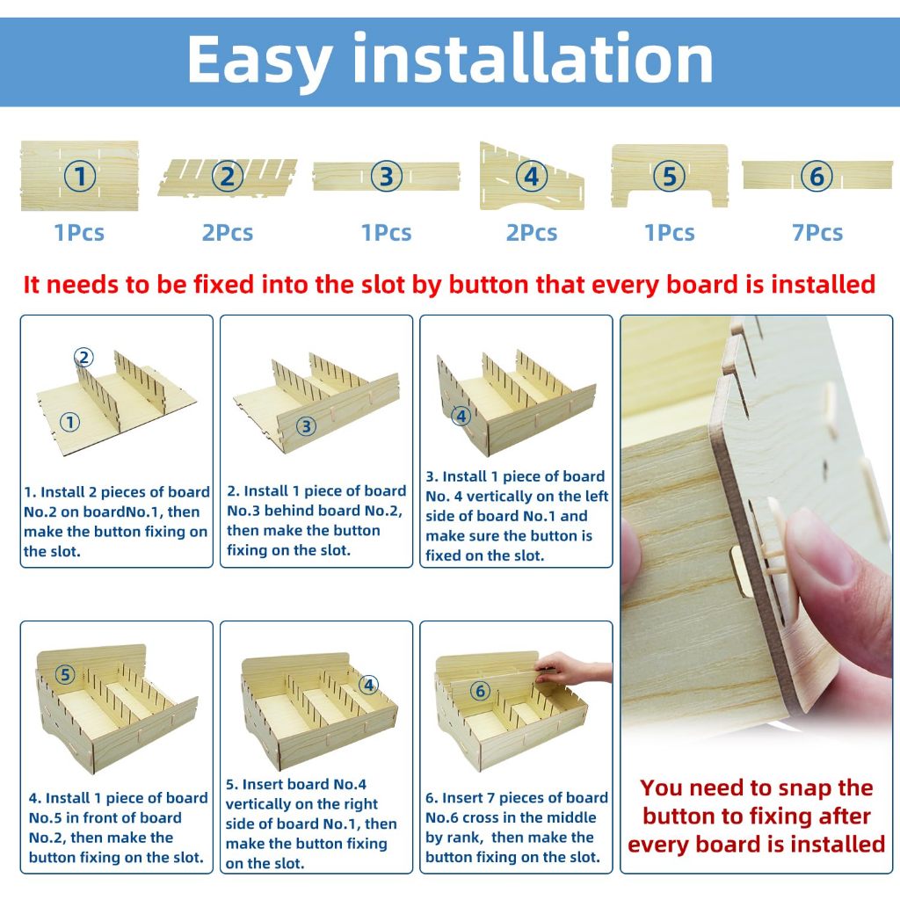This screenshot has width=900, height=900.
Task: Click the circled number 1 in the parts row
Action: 80,176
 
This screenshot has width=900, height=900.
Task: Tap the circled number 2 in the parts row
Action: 228,176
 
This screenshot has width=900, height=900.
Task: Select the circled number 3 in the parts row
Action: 387,176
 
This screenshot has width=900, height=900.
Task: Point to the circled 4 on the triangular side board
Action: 532,176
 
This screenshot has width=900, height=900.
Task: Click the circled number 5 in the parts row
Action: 669,176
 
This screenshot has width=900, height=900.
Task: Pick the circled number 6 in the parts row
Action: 817,176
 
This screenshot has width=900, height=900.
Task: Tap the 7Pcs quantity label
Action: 817,233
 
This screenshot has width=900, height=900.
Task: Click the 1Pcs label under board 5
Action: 669,233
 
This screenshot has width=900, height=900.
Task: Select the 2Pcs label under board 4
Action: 532,233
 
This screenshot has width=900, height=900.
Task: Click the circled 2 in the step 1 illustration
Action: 83,358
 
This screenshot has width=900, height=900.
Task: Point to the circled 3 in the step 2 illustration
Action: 307,426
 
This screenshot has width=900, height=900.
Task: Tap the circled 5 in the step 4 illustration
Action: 65,675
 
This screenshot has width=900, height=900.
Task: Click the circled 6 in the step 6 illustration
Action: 481,691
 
